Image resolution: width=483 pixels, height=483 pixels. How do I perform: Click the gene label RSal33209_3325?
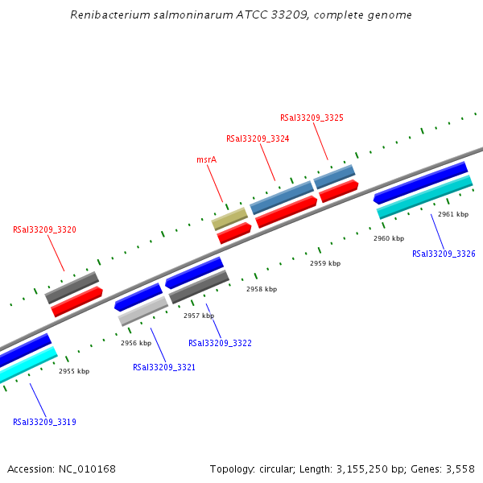(x=312, y=118)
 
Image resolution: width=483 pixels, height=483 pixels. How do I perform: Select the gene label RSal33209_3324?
(x=258, y=138)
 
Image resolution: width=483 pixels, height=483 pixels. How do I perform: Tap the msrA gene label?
(x=206, y=160)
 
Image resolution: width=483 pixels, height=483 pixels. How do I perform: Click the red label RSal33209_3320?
(x=44, y=229)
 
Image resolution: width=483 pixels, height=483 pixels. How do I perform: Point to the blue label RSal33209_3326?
(x=444, y=254)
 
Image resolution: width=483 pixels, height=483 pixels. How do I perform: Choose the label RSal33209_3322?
(x=220, y=343)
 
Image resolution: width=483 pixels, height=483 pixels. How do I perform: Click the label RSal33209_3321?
(x=164, y=367)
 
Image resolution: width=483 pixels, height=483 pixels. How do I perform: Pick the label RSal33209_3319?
(x=44, y=421)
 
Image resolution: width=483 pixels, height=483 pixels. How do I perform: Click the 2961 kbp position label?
(x=453, y=215)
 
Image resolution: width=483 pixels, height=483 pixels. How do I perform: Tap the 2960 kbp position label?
(x=389, y=238)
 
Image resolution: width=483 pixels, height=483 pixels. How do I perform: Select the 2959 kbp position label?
(x=325, y=263)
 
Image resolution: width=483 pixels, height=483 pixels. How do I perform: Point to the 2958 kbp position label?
(x=262, y=289)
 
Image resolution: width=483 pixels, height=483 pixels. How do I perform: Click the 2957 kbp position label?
(x=199, y=316)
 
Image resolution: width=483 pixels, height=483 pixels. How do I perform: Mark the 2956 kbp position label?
(x=136, y=343)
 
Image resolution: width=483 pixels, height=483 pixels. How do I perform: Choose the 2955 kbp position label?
(x=74, y=371)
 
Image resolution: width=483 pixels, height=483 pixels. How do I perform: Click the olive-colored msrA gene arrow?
(x=229, y=218)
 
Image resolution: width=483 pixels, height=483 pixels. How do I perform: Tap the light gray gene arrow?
(x=143, y=311)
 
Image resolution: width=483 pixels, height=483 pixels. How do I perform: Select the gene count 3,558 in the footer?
(x=460, y=469)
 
